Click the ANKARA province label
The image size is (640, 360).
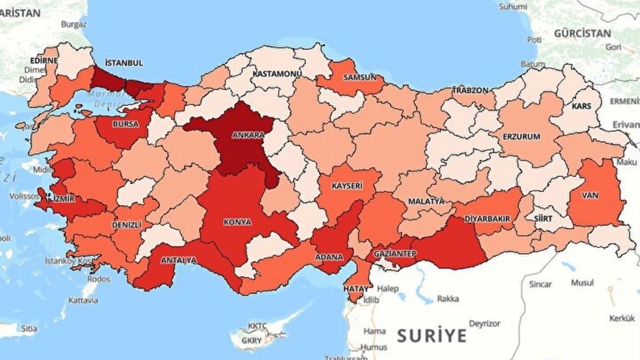pos(248,135)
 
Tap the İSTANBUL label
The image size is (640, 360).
pos(124,63)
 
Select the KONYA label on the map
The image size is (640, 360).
pos(238,222)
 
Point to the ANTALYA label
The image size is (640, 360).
pos(178,260)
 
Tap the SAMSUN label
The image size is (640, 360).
pos(359,77)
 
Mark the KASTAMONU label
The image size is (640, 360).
pos(277,73)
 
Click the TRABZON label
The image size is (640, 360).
pos(470,90)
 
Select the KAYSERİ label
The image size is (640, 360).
pos(346,185)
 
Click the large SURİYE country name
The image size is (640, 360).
pos(432,335)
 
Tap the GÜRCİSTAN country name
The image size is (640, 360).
pos(582,33)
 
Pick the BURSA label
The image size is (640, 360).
pos(126,124)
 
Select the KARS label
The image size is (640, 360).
pos(582,106)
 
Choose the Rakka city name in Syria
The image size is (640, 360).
pos(448,299)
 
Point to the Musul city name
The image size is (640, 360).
pos(582,282)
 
